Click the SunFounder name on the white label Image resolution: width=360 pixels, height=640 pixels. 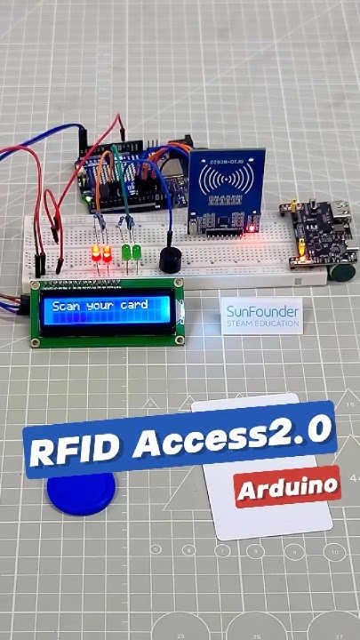(260, 312)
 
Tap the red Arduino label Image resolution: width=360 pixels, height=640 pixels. (287, 485)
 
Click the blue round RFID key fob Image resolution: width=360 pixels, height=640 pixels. (81, 492)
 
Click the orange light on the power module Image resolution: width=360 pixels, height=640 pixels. (299, 258)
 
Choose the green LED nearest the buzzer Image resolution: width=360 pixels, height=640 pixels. (138, 254)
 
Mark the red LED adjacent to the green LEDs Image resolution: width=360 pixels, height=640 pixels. (108, 255)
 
